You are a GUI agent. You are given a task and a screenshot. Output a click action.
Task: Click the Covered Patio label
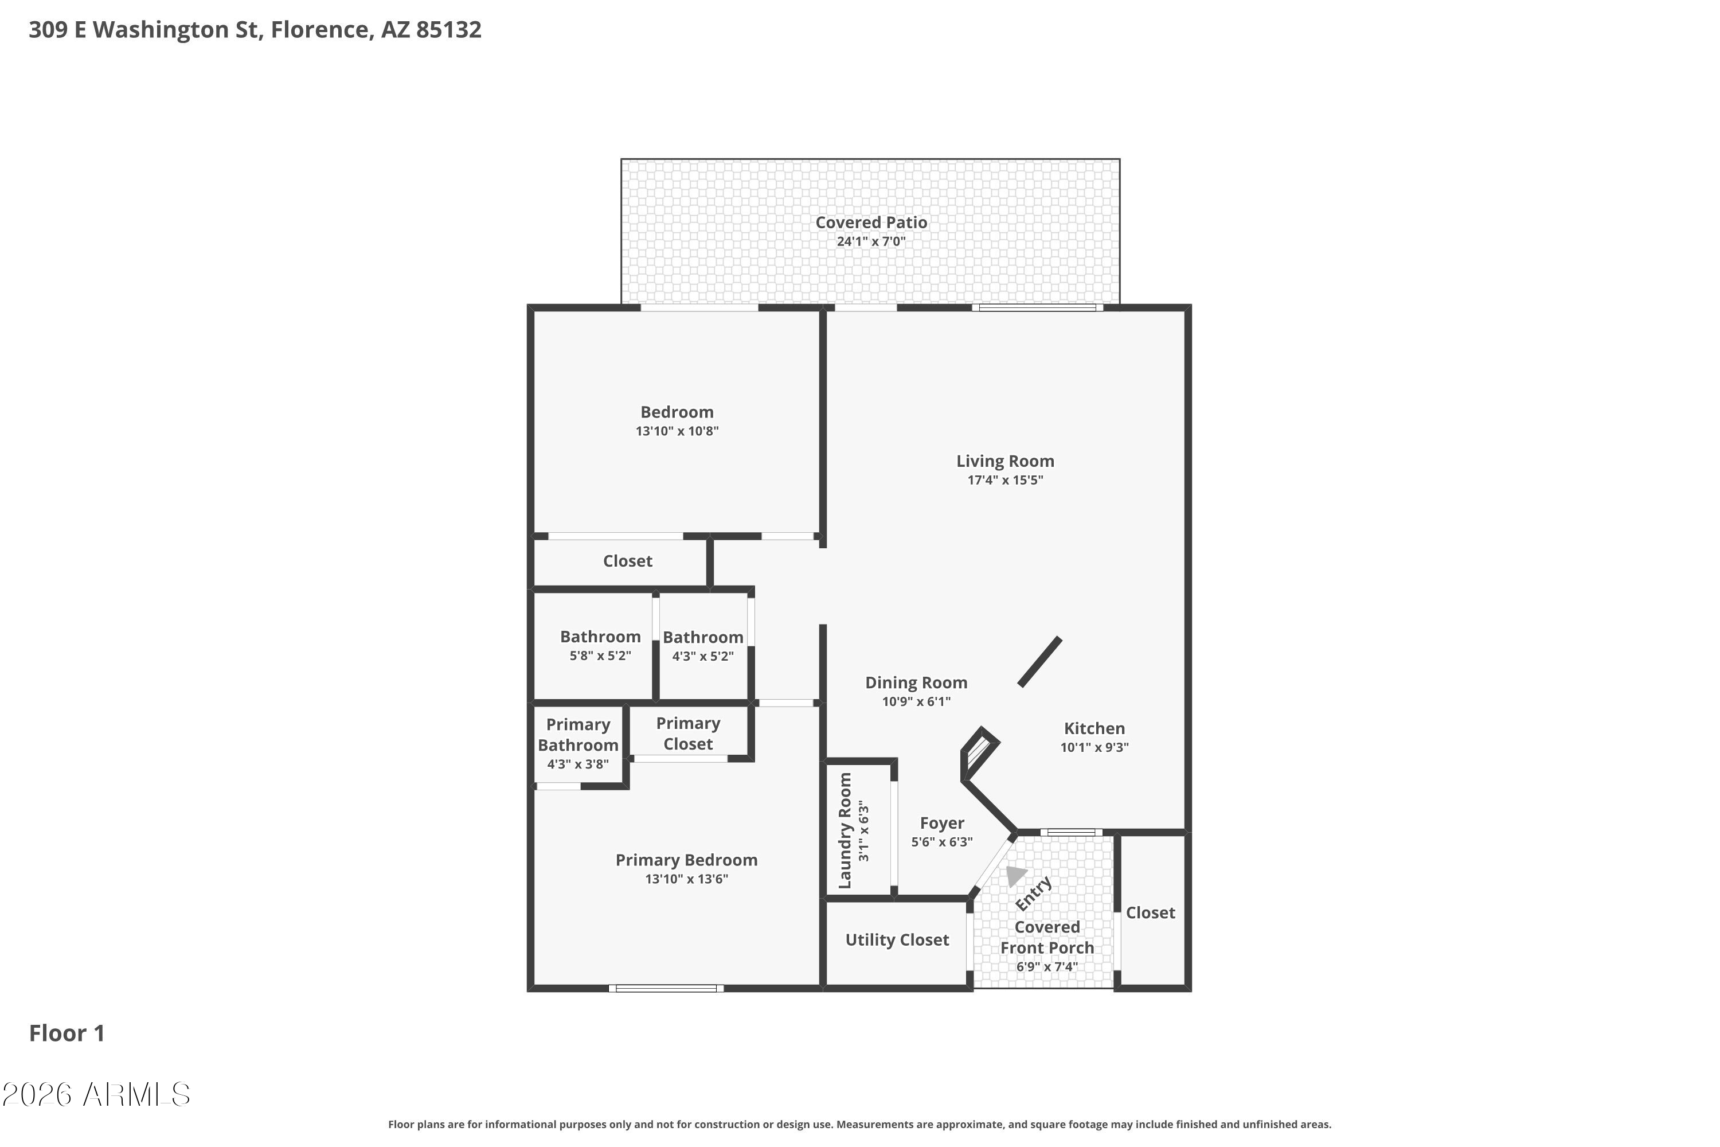pos(871,223)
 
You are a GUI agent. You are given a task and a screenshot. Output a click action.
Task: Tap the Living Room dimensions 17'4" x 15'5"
pos(1005,480)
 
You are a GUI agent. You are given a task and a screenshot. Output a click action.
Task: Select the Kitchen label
pos(1094,728)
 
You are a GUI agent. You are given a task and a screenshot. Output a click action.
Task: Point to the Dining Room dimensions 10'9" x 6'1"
pos(916,701)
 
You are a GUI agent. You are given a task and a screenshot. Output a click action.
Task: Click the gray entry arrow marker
pos(1015,875)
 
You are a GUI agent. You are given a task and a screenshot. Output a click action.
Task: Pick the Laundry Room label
pos(845,831)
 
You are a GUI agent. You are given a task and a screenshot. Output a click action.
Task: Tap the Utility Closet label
pos(897,940)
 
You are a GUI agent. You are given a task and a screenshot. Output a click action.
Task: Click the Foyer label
pos(942,824)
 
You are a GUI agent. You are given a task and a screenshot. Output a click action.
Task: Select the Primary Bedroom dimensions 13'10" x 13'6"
pos(687,879)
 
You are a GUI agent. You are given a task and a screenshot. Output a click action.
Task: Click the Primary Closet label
pos(688,734)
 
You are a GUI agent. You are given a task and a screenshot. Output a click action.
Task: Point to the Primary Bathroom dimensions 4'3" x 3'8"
pos(578,764)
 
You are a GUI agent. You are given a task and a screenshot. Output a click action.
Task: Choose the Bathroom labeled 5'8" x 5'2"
pos(600,637)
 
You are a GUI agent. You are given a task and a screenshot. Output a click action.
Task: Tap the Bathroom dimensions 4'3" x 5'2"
pos(703,656)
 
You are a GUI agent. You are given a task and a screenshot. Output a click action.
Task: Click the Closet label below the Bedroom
pos(627,561)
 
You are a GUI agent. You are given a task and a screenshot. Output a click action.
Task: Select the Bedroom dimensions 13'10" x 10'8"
pos(677,431)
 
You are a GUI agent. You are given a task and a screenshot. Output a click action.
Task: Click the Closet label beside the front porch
pos(1150,913)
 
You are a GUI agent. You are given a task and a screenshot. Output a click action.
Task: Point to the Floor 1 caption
pos(67,1033)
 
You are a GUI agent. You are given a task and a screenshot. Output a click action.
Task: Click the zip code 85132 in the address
pos(449,29)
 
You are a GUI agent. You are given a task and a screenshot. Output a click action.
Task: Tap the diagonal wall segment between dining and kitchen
pos(1040,662)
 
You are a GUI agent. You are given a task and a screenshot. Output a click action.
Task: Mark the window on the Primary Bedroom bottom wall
pos(666,989)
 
